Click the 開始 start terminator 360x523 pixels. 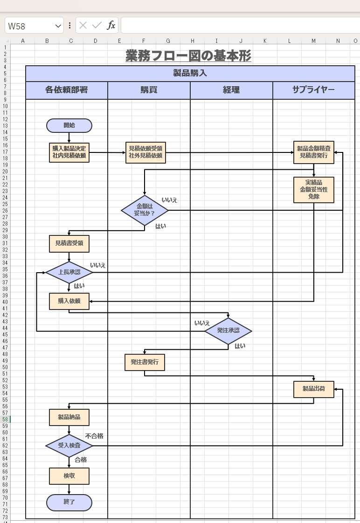pyautogui.click(x=69, y=125)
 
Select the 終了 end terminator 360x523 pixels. pyautogui.click(x=69, y=502)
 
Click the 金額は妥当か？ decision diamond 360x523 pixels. pyautogui.click(x=145, y=210)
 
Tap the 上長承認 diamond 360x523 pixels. pyautogui.click(x=69, y=272)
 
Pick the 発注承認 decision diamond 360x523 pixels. pyautogui.click(x=228, y=331)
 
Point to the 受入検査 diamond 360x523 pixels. pyautogui.click(x=69, y=446)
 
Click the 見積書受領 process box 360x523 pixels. pyautogui.click(x=69, y=243)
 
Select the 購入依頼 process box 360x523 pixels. pyautogui.click(x=69, y=301)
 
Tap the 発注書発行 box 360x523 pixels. pyautogui.click(x=145, y=362)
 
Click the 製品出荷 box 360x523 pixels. pyautogui.click(x=313, y=389)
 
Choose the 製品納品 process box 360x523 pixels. pyautogui.click(x=69, y=417)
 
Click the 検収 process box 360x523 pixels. pyautogui.click(x=69, y=476)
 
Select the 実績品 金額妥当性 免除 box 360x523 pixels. pyautogui.click(x=313, y=190)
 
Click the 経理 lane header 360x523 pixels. pyautogui.click(x=231, y=90)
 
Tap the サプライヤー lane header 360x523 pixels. pyautogui.click(x=313, y=90)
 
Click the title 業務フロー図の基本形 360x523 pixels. pyautogui.click(x=188, y=56)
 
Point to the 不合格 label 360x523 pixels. pyautogui.click(x=94, y=436)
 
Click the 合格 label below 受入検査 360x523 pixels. pyautogui.click(x=81, y=460)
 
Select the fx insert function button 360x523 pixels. pyautogui.click(x=111, y=26)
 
